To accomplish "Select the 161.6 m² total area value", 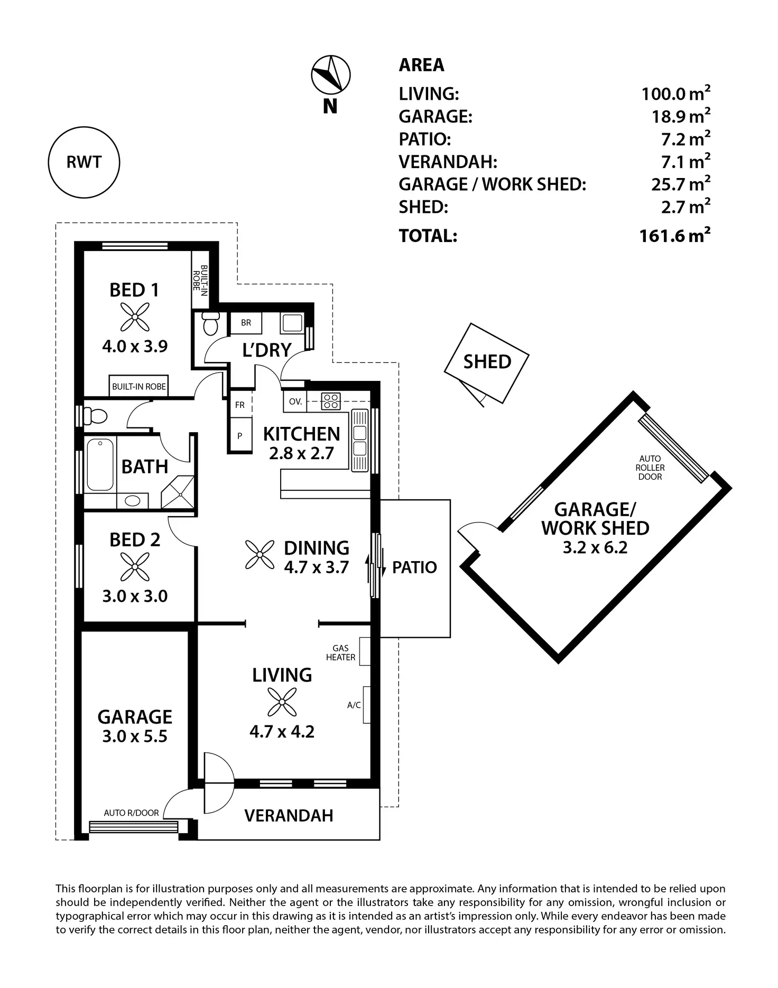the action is coord(675,235).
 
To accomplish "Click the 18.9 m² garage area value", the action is coord(681,116).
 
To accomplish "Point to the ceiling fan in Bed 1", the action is coord(134,317).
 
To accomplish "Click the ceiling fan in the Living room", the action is coord(282,702).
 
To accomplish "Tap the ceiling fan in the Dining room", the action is coord(260,555).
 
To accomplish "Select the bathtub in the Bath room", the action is coord(100,464).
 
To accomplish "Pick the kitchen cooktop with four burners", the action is coord(331,401).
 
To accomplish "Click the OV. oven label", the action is coord(295,402).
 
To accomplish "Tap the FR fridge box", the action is coord(240,405).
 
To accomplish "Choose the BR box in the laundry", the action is coord(246,323).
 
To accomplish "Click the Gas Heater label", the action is coord(340,653).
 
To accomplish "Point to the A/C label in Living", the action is coord(354,705).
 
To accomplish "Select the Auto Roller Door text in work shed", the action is coord(650,468).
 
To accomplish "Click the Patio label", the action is coord(414,567).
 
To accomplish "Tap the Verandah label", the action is coord(289,816).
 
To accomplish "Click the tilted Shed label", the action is coord(487,362).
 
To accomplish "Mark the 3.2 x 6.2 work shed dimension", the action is coord(595,547).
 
